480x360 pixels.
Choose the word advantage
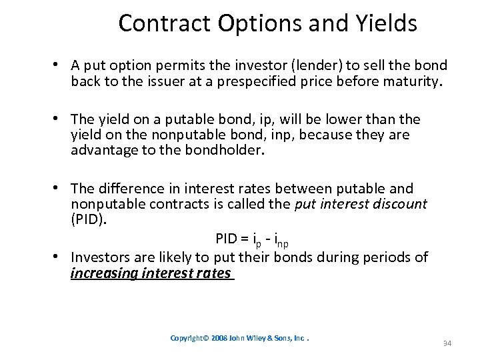[103, 150]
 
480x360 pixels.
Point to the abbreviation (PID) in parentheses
[88, 220]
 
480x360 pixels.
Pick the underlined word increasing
[103, 273]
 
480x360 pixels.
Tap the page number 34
[447, 343]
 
